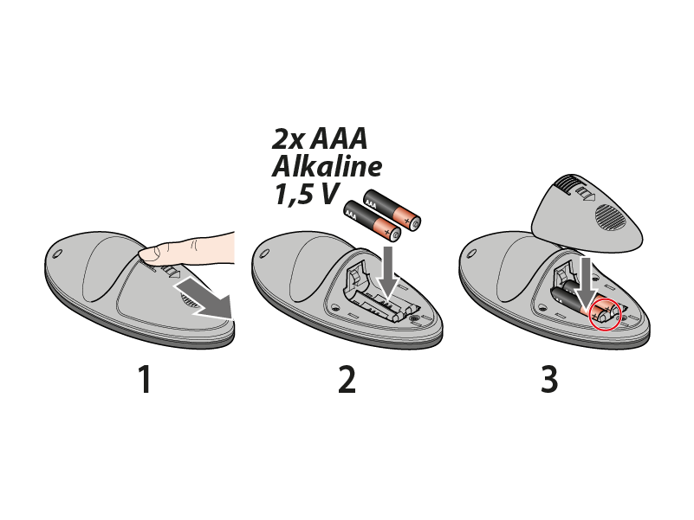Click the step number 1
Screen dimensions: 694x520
coord(146,379)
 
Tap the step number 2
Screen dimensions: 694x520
coord(347,379)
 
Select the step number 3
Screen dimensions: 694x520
coord(549,379)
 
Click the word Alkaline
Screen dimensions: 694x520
coord(327,166)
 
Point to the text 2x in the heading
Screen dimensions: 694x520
coord(289,138)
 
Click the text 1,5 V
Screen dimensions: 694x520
coord(307,194)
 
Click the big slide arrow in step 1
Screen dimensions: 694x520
coord(207,299)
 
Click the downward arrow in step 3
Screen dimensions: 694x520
coord(587,286)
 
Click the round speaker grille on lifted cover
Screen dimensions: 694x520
coord(611,216)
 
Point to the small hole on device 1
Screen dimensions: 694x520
coord(57,254)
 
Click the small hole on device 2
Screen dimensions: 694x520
coord(264,254)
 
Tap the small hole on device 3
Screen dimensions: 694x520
coord(472,254)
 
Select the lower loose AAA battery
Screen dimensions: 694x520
coord(373,221)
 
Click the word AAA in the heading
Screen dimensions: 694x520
coord(339,138)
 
